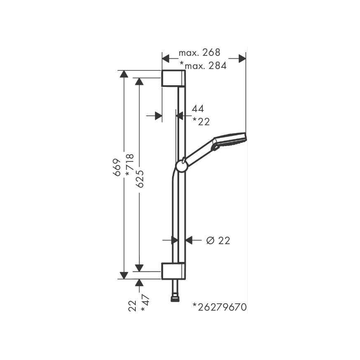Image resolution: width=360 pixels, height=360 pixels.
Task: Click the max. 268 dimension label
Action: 199,53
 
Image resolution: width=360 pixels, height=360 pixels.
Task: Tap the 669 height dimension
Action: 117,167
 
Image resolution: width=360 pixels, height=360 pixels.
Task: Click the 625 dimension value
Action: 139,179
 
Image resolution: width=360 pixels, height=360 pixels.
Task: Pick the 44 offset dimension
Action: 198,108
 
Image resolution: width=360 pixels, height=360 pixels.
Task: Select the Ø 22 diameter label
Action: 218,240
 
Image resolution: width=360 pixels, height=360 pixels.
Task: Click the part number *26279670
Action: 219,307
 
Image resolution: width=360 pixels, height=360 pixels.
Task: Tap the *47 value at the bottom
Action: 145,303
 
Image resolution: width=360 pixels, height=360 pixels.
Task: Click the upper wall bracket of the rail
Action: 173,78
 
